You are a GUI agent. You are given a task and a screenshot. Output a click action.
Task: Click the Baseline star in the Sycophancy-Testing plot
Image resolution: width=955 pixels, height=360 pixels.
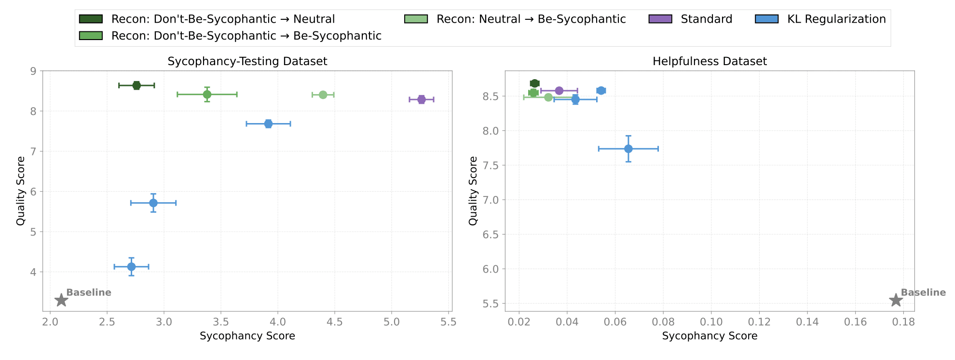(x=61, y=300)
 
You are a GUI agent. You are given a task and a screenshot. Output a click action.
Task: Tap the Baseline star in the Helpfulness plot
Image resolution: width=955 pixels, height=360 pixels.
(x=896, y=300)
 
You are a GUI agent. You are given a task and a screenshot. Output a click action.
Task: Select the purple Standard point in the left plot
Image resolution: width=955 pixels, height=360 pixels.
(x=422, y=99)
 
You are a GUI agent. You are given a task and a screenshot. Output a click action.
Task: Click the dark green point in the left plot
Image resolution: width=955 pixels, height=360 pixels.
(x=136, y=85)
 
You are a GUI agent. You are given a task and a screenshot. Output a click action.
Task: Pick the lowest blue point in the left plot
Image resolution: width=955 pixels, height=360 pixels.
(x=131, y=267)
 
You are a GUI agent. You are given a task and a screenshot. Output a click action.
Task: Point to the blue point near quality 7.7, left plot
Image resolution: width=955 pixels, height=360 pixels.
(x=268, y=124)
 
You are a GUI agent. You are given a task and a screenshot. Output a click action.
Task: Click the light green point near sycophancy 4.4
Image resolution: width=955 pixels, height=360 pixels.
(x=323, y=95)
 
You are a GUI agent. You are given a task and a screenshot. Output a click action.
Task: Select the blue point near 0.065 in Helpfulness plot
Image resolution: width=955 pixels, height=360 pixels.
(x=628, y=149)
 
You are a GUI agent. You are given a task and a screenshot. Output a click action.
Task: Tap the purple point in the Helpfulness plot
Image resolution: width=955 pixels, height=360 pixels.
(x=559, y=91)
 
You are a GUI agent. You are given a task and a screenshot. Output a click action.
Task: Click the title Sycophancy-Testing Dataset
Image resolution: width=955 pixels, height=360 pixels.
(x=247, y=61)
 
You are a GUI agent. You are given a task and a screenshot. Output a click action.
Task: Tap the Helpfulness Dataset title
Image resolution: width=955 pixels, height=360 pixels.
(x=709, y=61)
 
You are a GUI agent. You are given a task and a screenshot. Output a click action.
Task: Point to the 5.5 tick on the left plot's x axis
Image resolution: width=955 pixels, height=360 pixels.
(x=449, y=322)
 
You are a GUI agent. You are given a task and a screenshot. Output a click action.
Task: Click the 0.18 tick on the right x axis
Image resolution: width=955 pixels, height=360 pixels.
(x=903, y=322)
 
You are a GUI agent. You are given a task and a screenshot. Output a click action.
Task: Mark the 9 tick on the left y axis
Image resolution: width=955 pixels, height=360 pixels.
(x=33, y=71)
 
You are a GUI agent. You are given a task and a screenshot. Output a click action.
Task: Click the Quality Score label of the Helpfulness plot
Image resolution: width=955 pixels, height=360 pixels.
(x=473, y=191)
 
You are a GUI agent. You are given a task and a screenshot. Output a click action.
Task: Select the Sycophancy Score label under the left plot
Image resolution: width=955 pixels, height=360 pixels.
(x=247, y=336)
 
